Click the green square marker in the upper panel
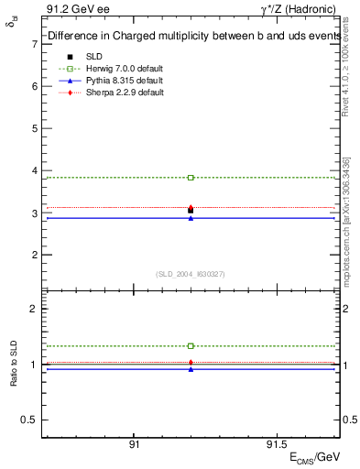[x=191, y=177]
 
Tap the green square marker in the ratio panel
[x=191, y=346]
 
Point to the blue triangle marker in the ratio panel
[x=191, y=369]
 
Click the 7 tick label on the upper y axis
[x=33, y=43]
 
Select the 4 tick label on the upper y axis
[x=33, y=170]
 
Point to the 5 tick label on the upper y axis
[x=33, y=128]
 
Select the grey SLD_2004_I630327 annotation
[x=191, y=274]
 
